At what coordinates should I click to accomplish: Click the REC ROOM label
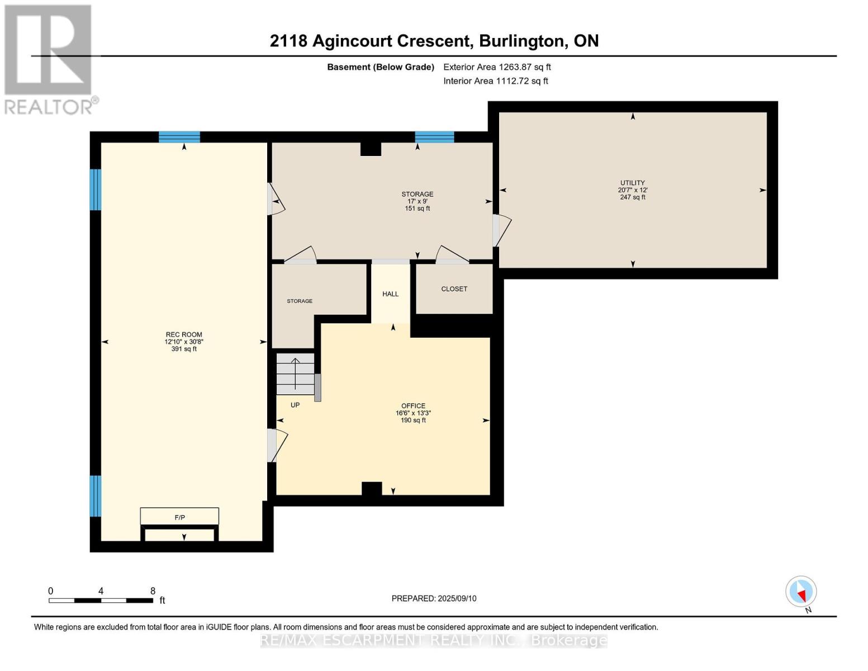click(x=184, y=334)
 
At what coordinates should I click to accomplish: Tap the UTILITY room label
click(x=632, y=183)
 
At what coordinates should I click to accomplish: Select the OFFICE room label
click(x=413, y=405)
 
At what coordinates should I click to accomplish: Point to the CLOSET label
click(x=454, y=289)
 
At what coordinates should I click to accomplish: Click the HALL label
click(x=390, y=294)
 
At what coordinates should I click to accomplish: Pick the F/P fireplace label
click(x=180, y=518)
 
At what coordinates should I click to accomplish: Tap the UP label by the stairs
click(x=295, y=405)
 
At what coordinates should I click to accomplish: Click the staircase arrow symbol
click(x=295, y=374)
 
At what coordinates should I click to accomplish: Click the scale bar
click(x=101, y=600)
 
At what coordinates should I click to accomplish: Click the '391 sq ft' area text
click(x=184, y=349)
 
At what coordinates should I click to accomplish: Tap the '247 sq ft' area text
click(x=632, y=197)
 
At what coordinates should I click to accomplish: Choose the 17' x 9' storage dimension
click(x=418, y=201)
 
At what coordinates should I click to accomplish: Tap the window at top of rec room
click(x=179, y=137)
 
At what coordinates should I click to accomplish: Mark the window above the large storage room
click(x=434, y=137)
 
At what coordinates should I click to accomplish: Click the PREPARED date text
click(x=434, y=598)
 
